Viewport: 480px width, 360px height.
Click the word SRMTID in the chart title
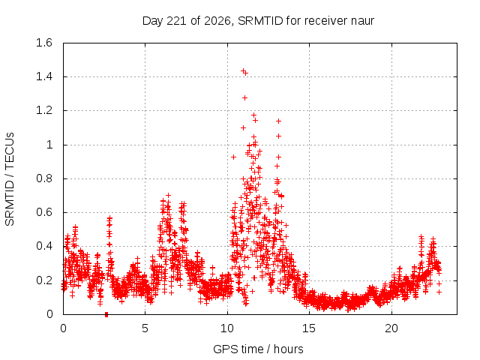tap(260, 21)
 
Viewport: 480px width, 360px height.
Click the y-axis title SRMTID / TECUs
tap(10, 179)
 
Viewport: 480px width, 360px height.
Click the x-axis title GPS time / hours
tap(258, 349)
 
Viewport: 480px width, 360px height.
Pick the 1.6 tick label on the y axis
tap(44, 43)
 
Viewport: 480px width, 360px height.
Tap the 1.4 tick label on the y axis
tap(44, 76)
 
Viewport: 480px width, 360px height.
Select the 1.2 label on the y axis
tap(44, 110)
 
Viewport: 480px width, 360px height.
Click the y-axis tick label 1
tap(49, 145)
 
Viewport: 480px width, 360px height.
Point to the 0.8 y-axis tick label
tap(44, 178)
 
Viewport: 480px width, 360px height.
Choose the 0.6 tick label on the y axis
tap(44, 212)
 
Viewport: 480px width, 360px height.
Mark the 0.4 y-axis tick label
tap(44, 246)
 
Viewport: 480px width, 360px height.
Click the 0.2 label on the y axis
tap(44, 280)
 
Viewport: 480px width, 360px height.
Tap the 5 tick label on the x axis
tap(145, 328)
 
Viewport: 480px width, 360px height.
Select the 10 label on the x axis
tap(227, 328)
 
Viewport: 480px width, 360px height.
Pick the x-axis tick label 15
tap(309, 328)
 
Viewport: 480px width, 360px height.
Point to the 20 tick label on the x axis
tap(391, 328)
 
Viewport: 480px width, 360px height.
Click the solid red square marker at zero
tap(106, 315)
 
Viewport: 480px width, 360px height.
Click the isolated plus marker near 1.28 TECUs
tap(244, 98)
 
